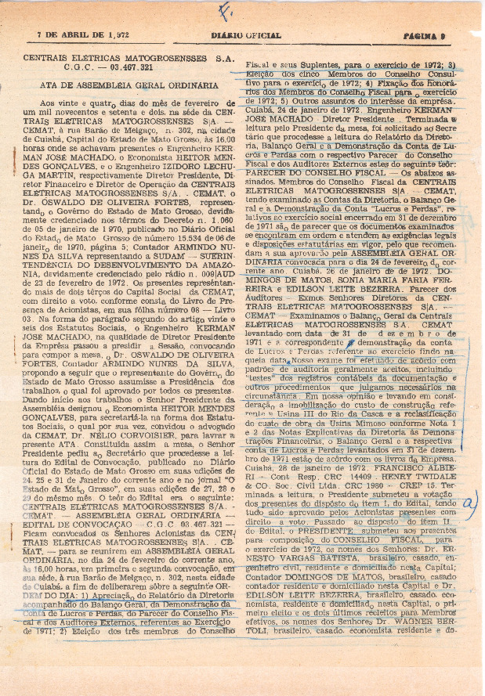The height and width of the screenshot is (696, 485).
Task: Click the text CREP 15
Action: coord(433,483)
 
